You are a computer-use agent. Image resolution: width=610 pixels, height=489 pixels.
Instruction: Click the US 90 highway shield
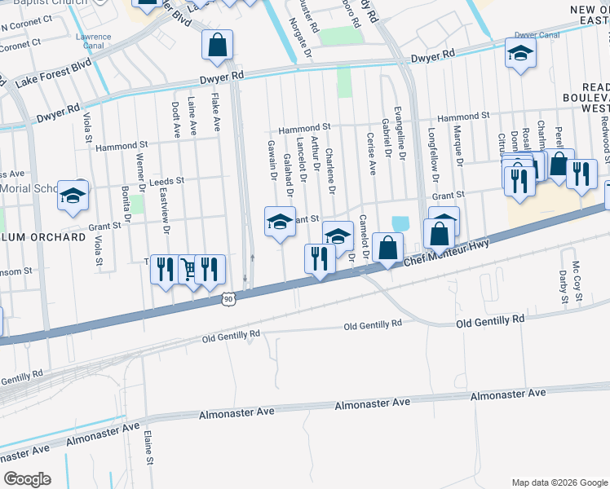coord(228,301)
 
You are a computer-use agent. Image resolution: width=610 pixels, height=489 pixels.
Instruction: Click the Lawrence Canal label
coord(93,42)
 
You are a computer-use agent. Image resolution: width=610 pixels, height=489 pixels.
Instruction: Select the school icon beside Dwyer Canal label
coord(519,54)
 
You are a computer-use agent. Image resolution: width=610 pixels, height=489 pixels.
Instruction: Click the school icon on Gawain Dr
coord(280,222)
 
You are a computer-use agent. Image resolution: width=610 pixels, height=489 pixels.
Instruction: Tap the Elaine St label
coord(149,448)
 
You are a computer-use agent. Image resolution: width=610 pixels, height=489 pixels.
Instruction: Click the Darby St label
coord(564,288)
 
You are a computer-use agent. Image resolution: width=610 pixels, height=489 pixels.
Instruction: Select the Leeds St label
coord(170,180)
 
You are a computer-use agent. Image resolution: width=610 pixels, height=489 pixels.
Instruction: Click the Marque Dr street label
coord(458,150)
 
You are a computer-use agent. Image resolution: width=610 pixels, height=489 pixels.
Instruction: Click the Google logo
coord(27,479)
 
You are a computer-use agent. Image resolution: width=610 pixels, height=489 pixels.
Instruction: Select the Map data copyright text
coord(559,482)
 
